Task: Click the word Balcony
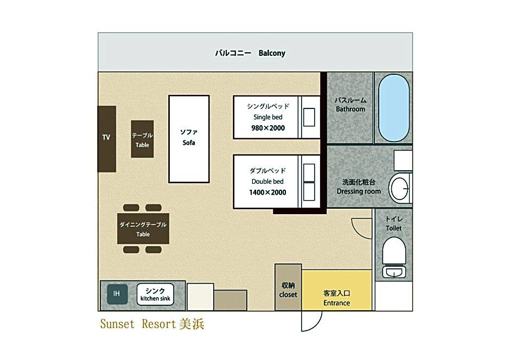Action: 272,53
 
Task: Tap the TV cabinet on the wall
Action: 107,139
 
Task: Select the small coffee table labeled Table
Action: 142,139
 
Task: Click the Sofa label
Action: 189,143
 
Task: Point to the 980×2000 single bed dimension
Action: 268,128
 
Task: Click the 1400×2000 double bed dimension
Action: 267,192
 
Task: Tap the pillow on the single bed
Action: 309,117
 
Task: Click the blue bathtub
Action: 394,108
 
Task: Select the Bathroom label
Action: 350,109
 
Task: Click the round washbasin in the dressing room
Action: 399,189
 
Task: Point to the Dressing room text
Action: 359,191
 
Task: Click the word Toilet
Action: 393,228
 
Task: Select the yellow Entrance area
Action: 336,290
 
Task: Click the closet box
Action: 288,287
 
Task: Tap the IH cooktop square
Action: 117,294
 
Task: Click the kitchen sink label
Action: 155,299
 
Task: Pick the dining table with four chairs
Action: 143,229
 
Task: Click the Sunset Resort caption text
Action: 152,324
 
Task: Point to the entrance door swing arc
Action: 317,325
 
